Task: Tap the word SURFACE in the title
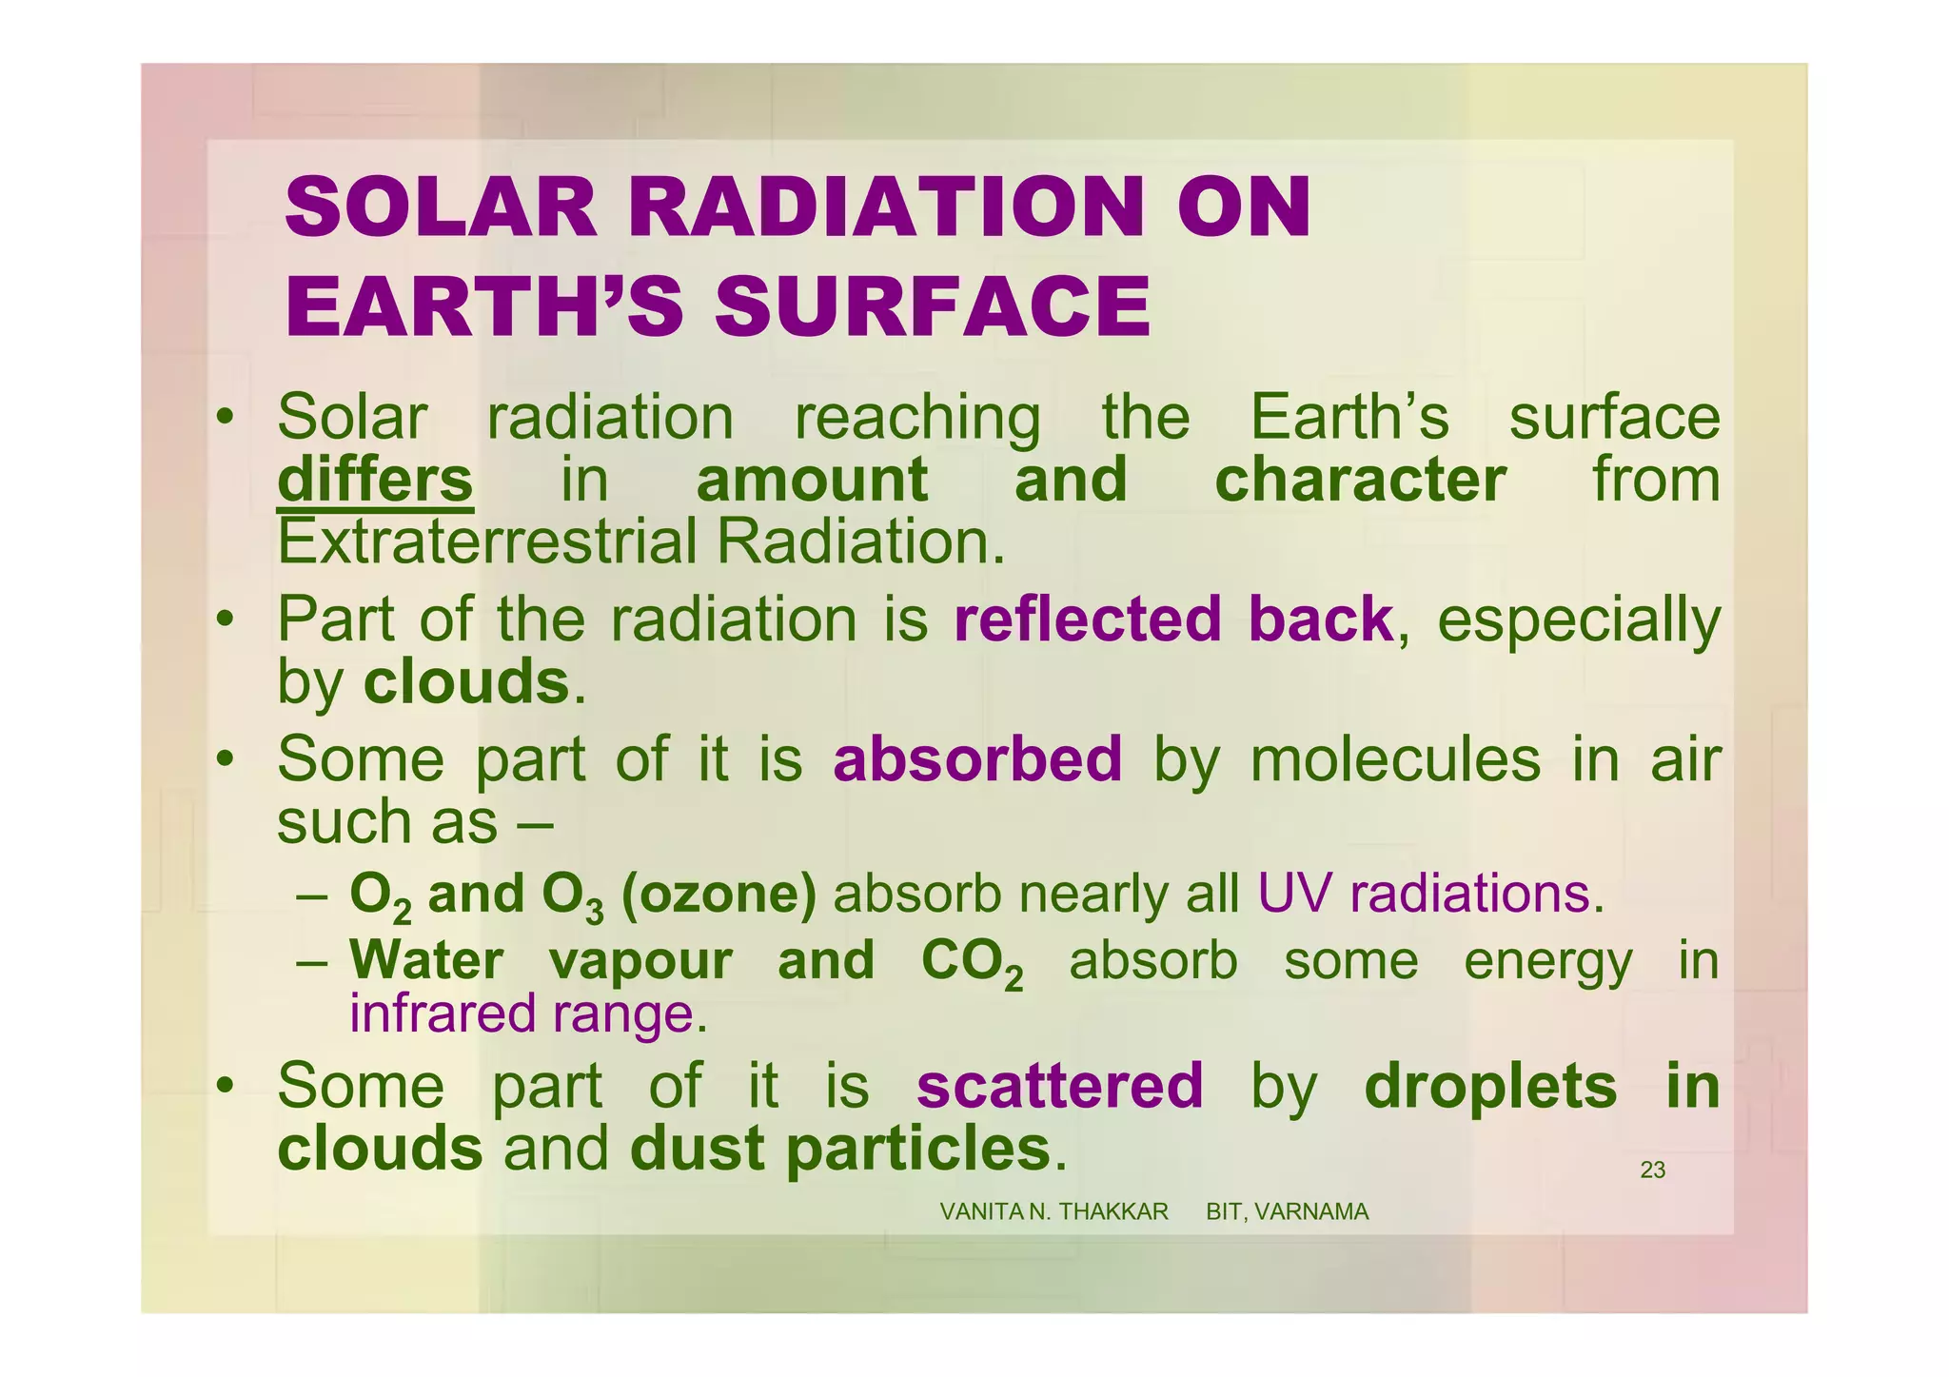pos(933,307)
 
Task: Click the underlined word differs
pos(375,481)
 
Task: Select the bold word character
pos(1360,480)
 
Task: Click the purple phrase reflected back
pos(1173,620)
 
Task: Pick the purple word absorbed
pos(977,759)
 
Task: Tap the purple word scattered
pos(1059,1086)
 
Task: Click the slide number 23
pos(1652,1170)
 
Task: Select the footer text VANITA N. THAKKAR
pos(1053,1212)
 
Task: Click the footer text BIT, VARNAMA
pos(1287,1212)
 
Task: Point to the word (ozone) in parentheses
pos(719,895)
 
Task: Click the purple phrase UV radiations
pos(1423,895)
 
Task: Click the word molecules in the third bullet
pos(1394,760)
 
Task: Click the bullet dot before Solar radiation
pos(225,418)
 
